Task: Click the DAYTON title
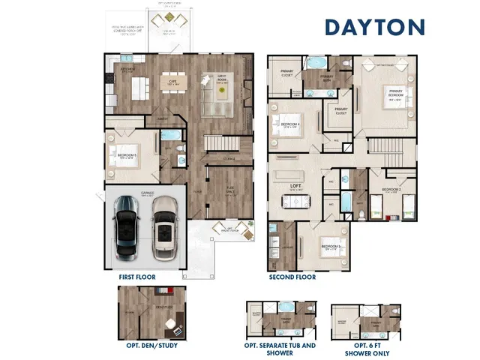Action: [374, 26]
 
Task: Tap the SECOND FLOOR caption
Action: [292, 277]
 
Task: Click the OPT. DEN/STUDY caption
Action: [152, 346]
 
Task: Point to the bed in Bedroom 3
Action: [328, 246]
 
